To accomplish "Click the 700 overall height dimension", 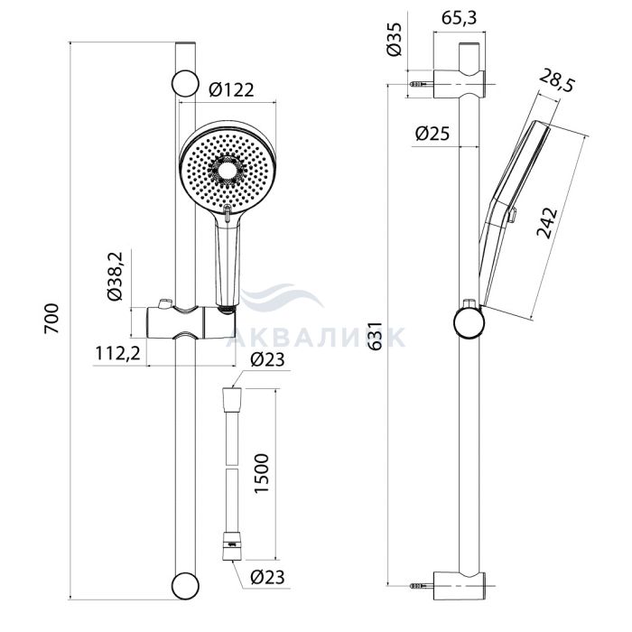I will [52, 321].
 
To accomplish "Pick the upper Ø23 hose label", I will [268, 359].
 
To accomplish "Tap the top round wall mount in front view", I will [184, 82].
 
